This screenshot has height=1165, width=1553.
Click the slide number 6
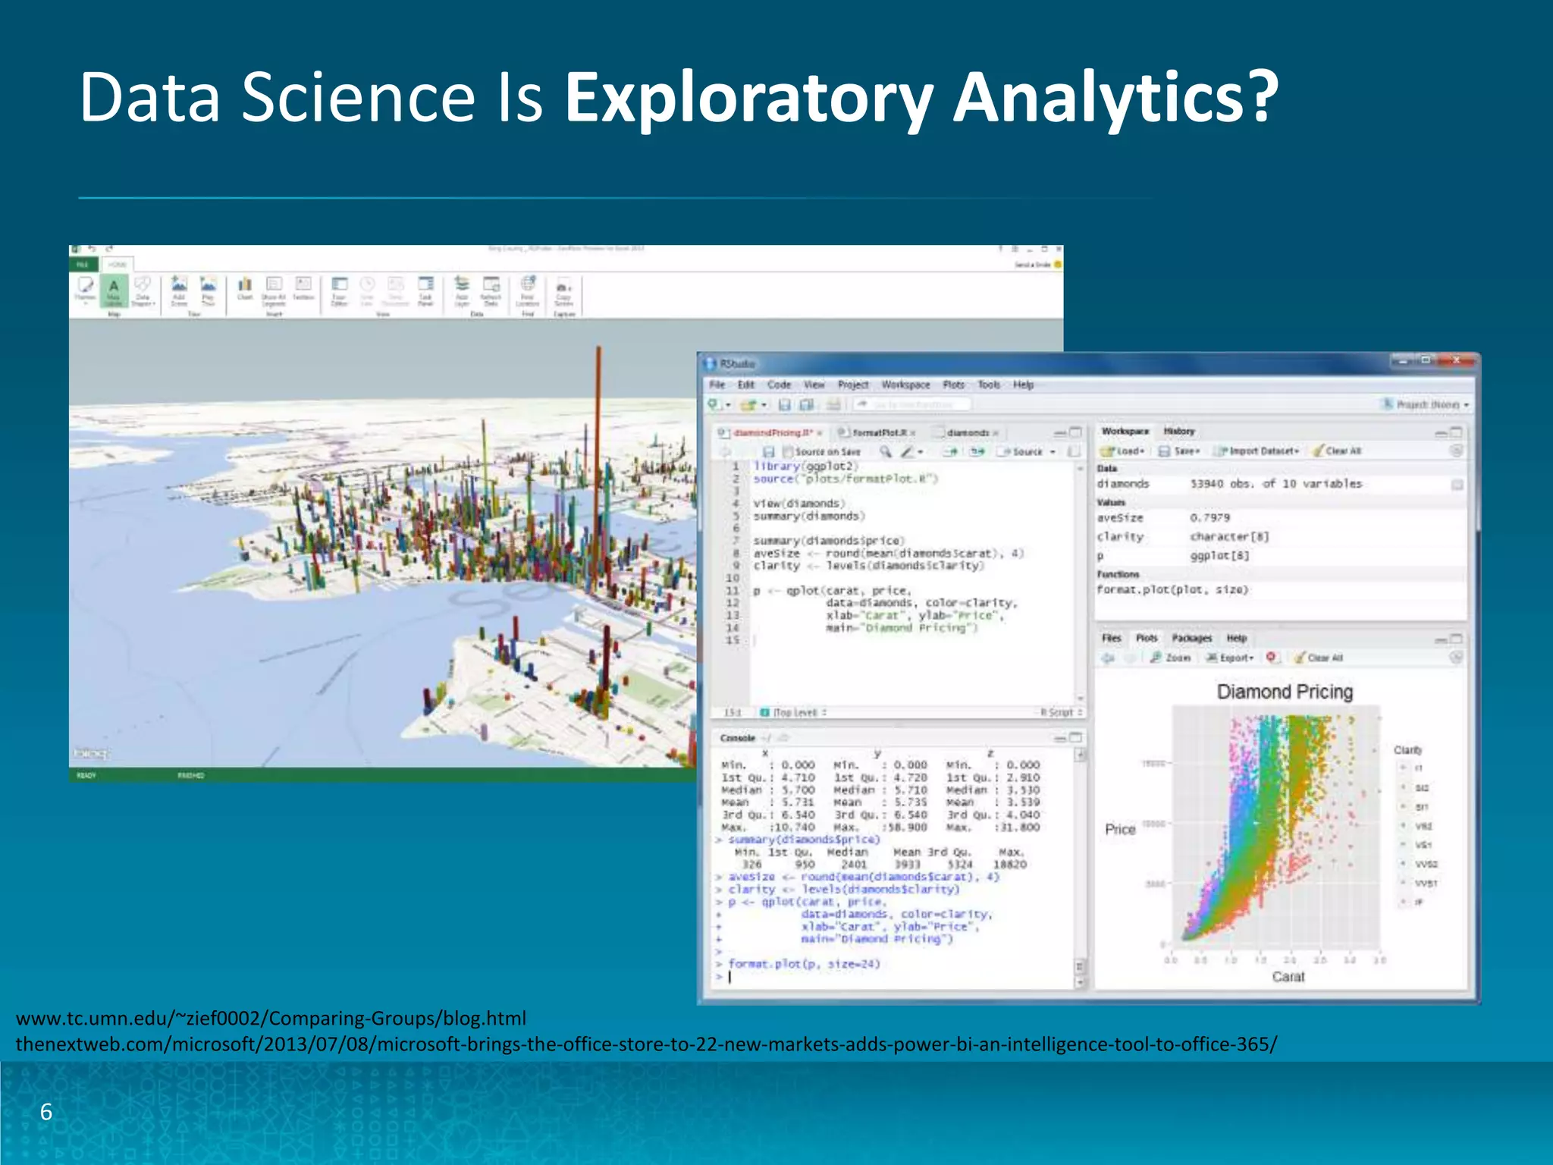pyautogui.click(x=46, y=1112)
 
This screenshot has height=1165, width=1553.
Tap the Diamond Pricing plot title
pyautogui.click(x=1285, y=692)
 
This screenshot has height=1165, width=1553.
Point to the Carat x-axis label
pyautogui.click(x=1288, y=977)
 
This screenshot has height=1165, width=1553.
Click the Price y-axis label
pyautogui.click(x=1120, y=829)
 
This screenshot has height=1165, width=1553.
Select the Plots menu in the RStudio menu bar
pyautogui.click(x=953, y=385)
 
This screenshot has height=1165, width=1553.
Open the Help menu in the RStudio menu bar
pyautogui.click(x=1023, y=385)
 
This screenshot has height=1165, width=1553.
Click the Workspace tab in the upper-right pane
pyautogui.click(x=1125, y=431)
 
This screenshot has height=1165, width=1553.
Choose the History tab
pyautogui.click(x=1179, y=431)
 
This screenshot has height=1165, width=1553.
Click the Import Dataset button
pyautogui.click(x=1262, y=451)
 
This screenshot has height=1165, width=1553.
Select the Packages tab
pyautogui.click(x=1191, y=639)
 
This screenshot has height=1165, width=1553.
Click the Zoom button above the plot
pyautogui.click(x=1172, y=658)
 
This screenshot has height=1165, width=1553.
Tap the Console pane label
pyautogui.click(x=737, y=738)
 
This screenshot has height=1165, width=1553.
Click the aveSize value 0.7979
pyautogui.click(x=1209, y=518)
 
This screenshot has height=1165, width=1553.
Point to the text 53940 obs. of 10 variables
pyautogui.click(x=1275, y=484)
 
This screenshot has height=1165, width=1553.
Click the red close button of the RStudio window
pyautogui.click(x=1456, y=361)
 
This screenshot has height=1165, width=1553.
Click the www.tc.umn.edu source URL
pyautogui.click(x=271, y=1018)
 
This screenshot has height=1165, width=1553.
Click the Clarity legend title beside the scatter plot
pyautogui.click(x=1407, y=750)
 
